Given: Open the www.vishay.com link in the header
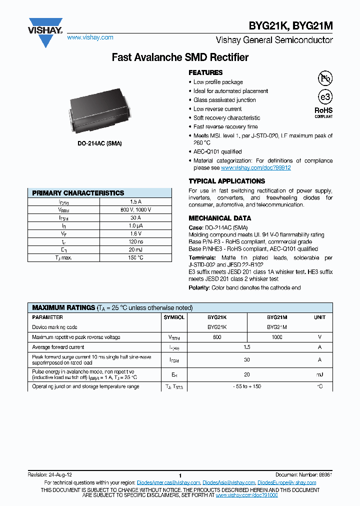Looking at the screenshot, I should (90, 37).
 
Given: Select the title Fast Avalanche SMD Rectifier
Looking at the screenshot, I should (180, 57).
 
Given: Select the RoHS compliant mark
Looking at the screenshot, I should (323, 112).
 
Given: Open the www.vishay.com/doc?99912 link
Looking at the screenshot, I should (255, 168).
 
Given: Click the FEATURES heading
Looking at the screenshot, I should (205, 72).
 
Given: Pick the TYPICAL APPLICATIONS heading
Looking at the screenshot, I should (226, 181).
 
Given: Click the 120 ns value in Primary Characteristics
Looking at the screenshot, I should (135, 241).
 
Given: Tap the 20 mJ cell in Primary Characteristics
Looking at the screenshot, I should (135, 249).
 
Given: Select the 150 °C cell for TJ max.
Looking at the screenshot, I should (135, 257).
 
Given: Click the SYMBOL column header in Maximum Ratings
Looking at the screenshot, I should (174, 317).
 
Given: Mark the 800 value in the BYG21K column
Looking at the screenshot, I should (217, 337).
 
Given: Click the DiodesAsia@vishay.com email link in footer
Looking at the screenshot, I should (229, 482).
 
